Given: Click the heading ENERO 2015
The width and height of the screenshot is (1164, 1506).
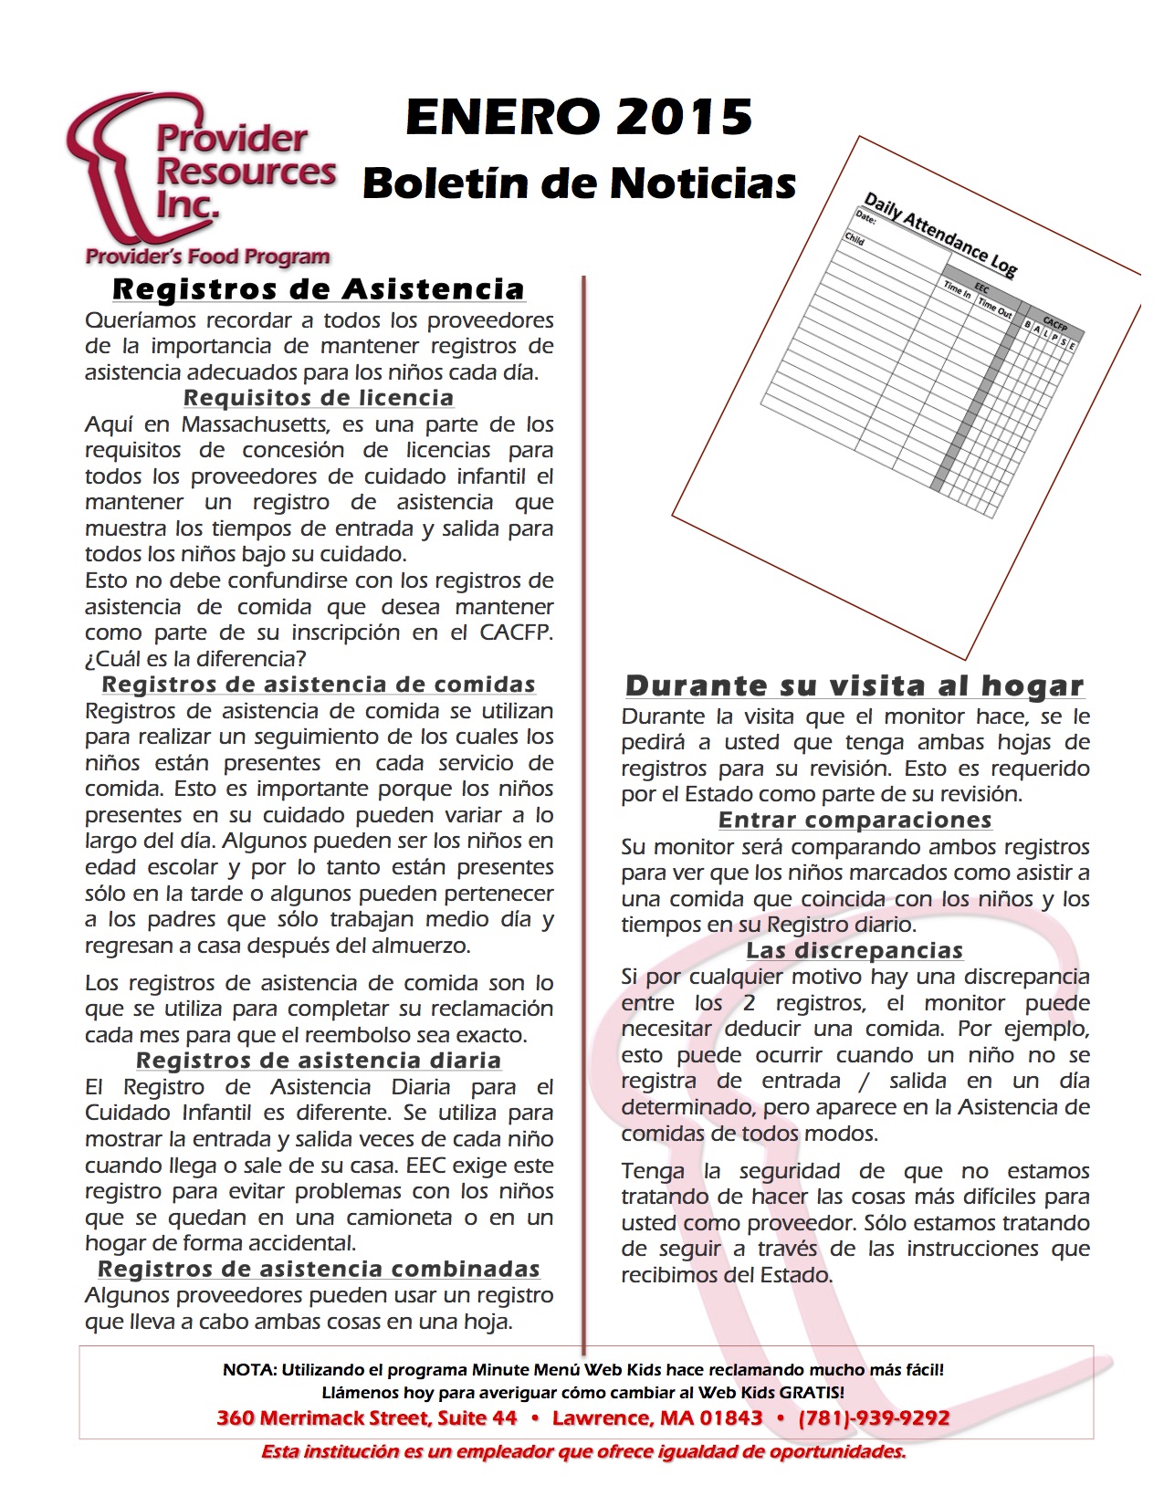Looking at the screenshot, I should click(579, 118).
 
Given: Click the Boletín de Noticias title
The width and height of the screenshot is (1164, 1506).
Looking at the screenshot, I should click(579, 183).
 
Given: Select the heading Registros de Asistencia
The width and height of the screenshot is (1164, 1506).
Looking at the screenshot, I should click(319, 289).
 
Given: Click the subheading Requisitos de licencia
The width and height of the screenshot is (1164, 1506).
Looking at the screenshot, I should click(319, 398).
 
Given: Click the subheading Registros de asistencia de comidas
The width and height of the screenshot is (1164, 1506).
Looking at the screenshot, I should click(319, 685).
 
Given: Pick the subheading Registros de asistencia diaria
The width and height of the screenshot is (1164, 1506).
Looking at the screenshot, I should click(319, 1061).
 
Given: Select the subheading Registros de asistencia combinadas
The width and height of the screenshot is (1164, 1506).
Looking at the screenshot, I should click(319, 1269).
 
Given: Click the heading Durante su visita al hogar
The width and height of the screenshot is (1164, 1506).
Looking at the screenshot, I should click(855, 685).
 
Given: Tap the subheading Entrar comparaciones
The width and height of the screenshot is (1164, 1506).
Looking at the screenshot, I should click(855, 820).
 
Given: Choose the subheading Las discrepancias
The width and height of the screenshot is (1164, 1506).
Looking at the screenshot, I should click(855, 950).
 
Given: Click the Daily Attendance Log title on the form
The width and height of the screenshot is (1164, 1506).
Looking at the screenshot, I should click(940, 234).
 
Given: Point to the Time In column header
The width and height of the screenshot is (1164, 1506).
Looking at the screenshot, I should click(957, 289).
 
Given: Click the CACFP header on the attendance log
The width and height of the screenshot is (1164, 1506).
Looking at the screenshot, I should click(1054, 325).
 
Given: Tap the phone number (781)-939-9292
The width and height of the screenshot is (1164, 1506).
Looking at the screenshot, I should click(874, 1417).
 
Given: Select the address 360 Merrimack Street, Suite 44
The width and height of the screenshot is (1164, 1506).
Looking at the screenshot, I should click(367, 1417).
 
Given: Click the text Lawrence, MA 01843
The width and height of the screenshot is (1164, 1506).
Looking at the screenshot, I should click(657, 1417).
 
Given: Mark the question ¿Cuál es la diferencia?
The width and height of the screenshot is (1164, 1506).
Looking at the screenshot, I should click(195, 658).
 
